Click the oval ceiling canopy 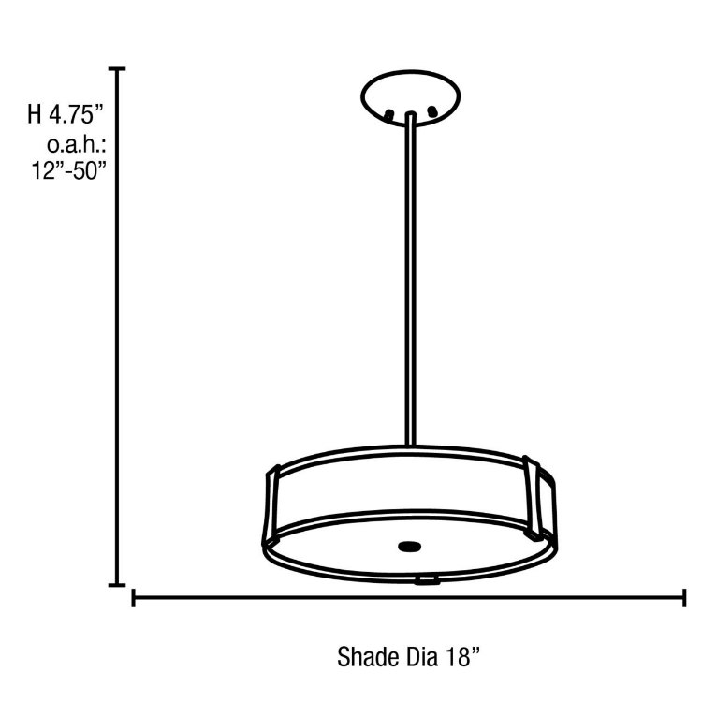[411, 93]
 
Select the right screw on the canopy [432, 114]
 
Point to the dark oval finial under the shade [409, 545]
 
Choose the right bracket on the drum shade [540, 495]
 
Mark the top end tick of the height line [118, 69]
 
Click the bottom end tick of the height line [118, 585]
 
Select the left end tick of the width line [134, 597]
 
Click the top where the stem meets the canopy [411, 116]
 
